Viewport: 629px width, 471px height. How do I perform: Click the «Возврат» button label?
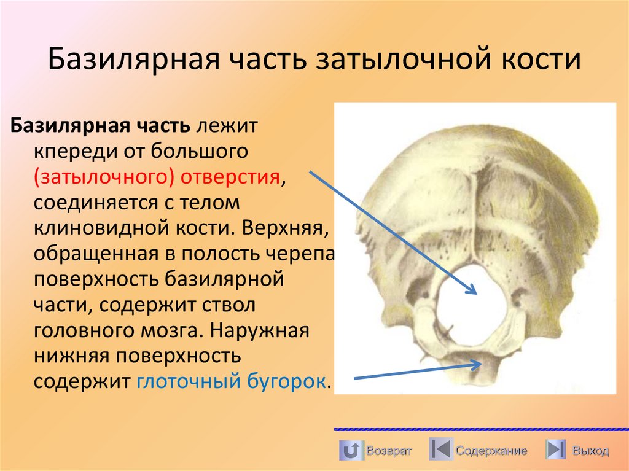click(389, 451)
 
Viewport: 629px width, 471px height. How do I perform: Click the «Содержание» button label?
click(491, 451)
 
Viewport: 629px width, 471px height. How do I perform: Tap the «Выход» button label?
click(590, 451)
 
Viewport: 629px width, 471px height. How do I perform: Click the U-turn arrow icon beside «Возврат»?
click(350, 450)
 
